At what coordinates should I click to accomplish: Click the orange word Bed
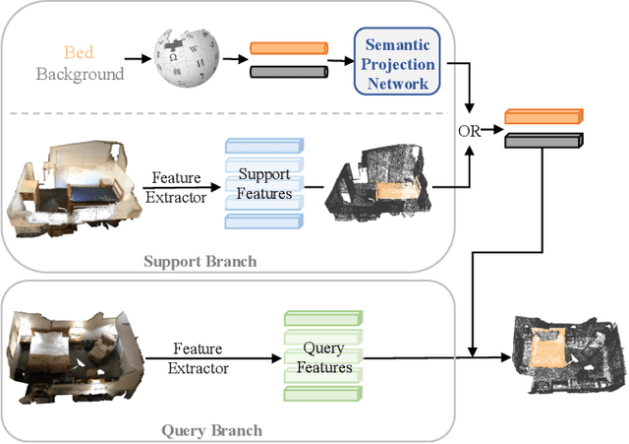(x=79, y=52)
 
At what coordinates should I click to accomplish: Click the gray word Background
(x=80, y=75)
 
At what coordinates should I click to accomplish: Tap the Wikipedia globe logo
(x=187, y=57)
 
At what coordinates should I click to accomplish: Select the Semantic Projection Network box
(x=397, y=61)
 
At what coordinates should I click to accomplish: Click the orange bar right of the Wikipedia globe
(x=289, y=48)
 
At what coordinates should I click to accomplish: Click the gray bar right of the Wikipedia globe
(x=289, y=72)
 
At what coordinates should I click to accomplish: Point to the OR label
(x=470, y=131)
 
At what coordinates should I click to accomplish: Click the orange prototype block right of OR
(x=543, y=116)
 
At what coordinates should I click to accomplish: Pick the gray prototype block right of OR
(x=543, y=141)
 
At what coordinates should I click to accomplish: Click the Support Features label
(x=264, y=184)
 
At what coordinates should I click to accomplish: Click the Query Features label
(x=324, y=357)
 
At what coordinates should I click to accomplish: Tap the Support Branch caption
(x=200, y=262)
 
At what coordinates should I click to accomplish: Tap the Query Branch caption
(x=212, y=431)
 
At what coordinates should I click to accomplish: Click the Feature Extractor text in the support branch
(x=176, y=188)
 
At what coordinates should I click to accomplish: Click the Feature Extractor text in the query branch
(x=199, y=358)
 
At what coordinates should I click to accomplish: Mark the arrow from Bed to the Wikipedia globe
(x=138, y=59)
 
